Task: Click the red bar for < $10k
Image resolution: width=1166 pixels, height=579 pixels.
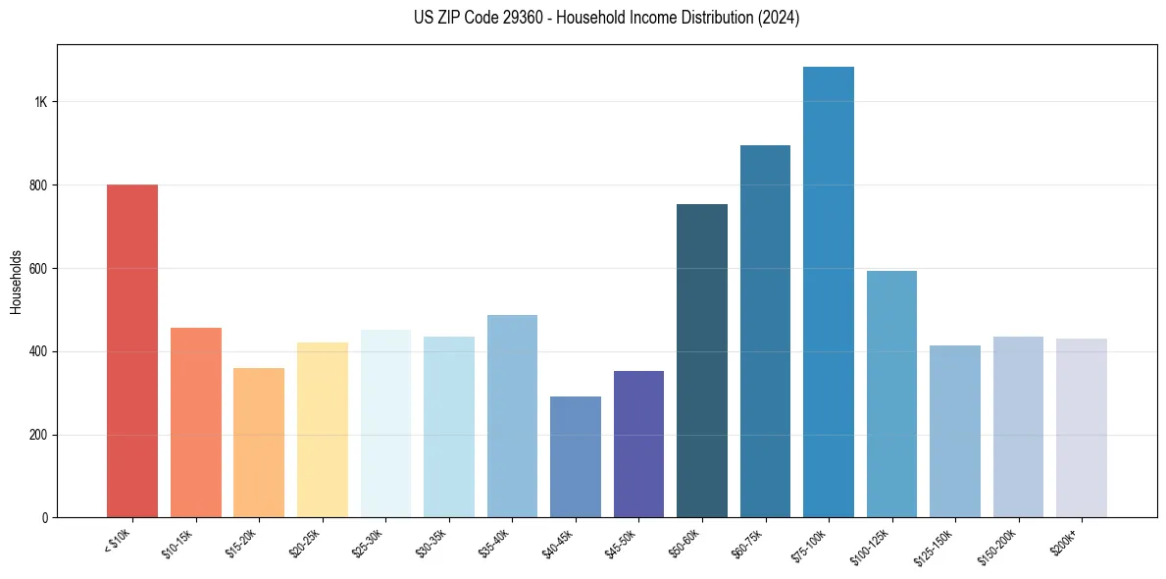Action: click(132, 350)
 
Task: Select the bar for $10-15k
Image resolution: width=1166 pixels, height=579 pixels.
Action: click(195, 422)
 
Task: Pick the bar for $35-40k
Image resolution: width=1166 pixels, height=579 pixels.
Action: click(512, 416)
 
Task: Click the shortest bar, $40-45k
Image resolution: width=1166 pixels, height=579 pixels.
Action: click(575, 456)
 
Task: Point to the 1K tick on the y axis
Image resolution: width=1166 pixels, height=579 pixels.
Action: click(40, 102)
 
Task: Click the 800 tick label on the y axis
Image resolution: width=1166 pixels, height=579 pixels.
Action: click(38, 185)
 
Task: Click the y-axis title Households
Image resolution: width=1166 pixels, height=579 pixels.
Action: click(17, 282)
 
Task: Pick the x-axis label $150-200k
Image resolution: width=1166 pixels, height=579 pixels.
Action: click(998, 546)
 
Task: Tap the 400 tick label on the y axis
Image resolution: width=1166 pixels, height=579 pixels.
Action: click(38, 351)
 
